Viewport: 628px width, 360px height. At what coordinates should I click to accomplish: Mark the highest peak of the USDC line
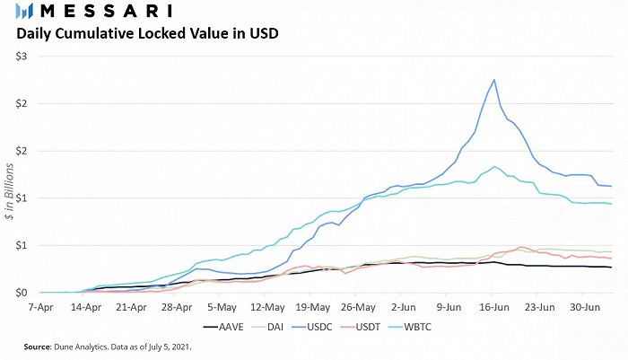tap(494, 79)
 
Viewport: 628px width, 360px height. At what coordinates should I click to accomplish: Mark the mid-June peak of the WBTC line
tap(494, 166)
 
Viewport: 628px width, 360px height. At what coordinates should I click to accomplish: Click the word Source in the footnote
tap(38, 347)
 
